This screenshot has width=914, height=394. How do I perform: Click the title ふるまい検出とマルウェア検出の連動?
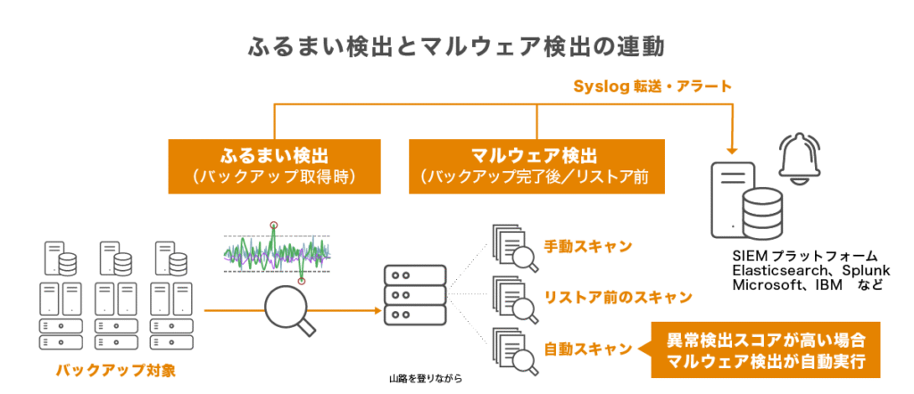click(456, 45)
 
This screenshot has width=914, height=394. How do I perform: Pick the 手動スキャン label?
click(588, 246)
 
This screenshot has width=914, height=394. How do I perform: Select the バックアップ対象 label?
click(115, 367)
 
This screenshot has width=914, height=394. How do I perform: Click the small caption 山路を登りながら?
click(426, 379)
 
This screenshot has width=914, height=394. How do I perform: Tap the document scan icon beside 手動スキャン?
click(512, 246)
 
